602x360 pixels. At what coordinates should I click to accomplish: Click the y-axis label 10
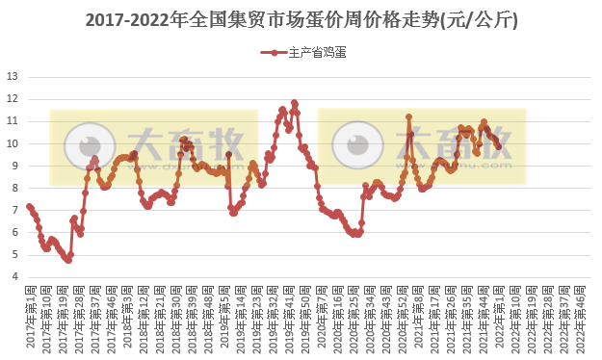[x=12, y=143]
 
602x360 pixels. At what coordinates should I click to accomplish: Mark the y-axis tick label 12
[x=12, y=98]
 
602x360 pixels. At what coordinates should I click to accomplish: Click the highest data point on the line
[x=294, y=103]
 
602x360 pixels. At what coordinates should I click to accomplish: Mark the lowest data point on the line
[x=68, y=260]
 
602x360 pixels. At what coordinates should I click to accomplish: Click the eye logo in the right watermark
[x=356, y=145]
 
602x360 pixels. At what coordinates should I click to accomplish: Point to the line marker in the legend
[x=274, y=53]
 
